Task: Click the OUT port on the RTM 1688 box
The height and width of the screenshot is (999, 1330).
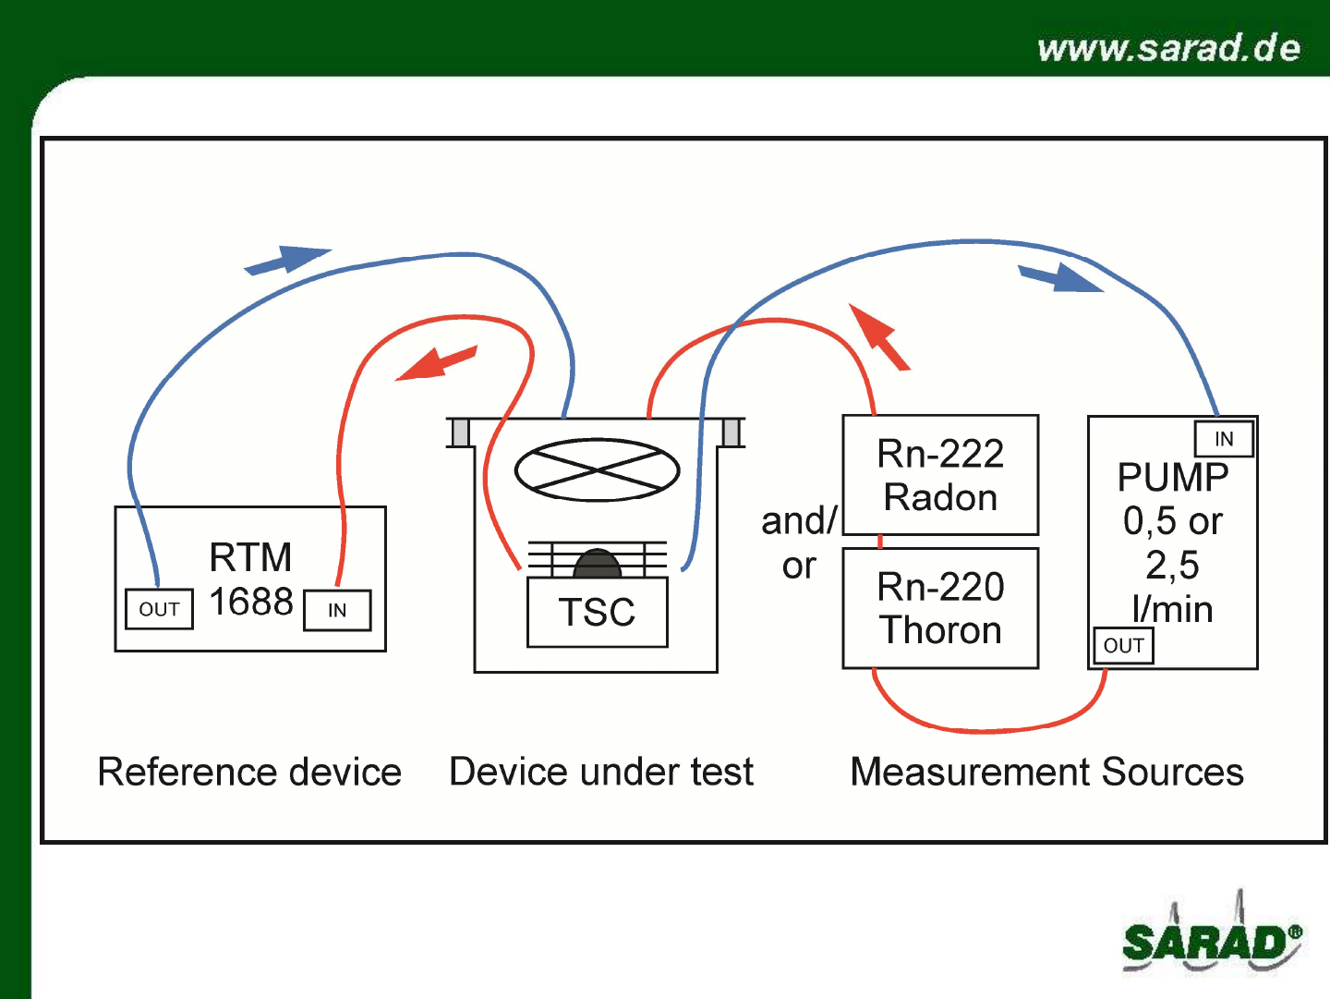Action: click(160, 609)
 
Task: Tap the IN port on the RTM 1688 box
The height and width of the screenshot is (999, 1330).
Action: click(337, 610)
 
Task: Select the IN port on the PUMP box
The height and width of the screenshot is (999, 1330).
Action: click(1224, 438)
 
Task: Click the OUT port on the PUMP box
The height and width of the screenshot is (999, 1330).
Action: click(1123, 646)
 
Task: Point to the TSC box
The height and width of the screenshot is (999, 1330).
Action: click(598, 612)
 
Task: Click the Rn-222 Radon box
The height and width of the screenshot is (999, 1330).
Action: click(940, 475)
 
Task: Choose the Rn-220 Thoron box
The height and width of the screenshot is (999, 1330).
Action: click(940, 608)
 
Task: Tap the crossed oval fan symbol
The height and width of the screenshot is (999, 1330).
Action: click(598, 469)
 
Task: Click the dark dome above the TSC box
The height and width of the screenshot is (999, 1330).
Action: click(598, 563)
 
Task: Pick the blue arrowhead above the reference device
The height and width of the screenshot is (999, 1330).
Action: click(288, 260)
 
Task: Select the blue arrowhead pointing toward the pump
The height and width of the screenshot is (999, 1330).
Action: click(1060, 277)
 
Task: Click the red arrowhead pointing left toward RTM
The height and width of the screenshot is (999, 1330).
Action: click(436, 363)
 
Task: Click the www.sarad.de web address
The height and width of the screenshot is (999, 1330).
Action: click(1168, 47)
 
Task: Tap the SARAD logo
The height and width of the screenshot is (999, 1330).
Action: click(1212, 934)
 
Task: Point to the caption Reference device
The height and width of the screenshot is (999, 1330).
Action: click(249, 772)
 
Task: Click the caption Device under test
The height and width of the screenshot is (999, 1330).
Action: click(601, 772)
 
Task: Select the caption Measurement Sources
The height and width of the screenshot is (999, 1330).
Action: click(1047, 772)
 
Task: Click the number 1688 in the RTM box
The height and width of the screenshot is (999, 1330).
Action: click(251, 602)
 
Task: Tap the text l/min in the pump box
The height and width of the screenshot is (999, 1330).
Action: click(1172, 609)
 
